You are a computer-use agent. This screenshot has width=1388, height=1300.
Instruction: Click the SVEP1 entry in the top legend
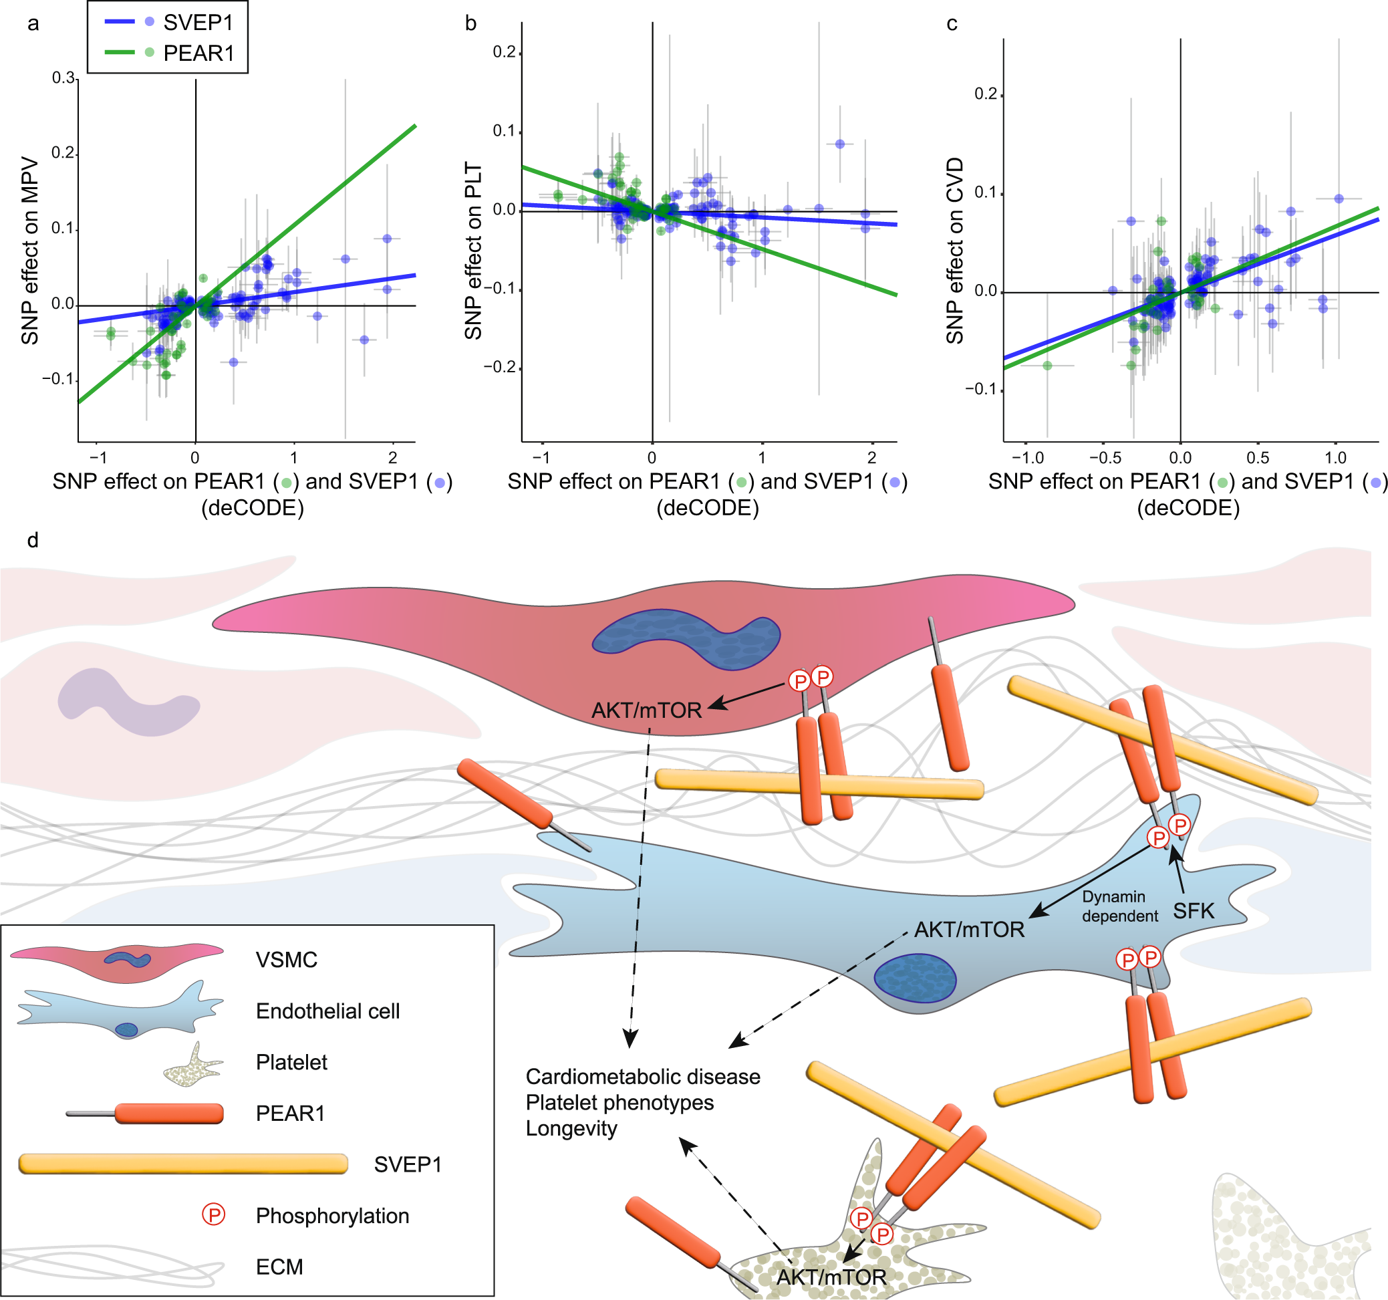click(198, 22)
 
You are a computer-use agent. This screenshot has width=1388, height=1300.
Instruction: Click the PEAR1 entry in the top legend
click(198, 53)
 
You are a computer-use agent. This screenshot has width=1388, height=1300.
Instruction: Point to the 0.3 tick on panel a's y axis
click(64, 78)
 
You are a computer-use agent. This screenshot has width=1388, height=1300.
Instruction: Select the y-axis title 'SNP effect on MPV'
click(29, 250)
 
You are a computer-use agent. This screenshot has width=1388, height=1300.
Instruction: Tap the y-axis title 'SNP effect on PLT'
click(473, 251)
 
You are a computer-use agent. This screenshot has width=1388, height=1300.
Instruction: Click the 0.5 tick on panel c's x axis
click(1258, 458)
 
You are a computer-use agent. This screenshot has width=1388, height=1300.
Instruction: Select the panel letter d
click(32, 541)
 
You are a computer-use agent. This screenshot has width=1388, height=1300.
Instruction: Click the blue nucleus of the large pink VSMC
click(686, 638)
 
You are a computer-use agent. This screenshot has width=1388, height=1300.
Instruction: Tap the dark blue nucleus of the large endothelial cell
click(915, 977)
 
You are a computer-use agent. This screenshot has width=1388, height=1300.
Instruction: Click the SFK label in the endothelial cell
click(1194, 911)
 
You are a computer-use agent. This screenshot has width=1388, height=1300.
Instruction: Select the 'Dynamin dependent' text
click(1119, 906)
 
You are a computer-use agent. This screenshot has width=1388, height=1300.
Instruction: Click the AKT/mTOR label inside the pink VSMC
click(646, 710)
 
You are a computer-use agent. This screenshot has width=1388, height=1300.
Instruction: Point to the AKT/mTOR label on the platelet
click(831, 1277)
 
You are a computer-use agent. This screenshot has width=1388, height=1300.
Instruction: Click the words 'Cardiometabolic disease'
click(642, 1077)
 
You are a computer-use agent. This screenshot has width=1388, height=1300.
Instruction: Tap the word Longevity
click(571, 1128)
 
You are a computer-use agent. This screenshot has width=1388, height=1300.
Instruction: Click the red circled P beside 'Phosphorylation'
click(214, 1215)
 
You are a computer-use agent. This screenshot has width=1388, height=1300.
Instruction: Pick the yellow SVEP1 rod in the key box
click(183, 1164)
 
